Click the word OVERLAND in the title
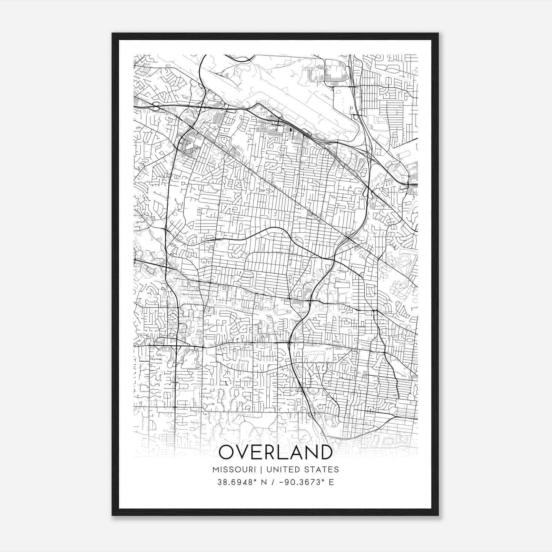tap(276, 452)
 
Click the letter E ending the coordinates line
tap(332, 482)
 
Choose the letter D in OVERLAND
tap(324, 452)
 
